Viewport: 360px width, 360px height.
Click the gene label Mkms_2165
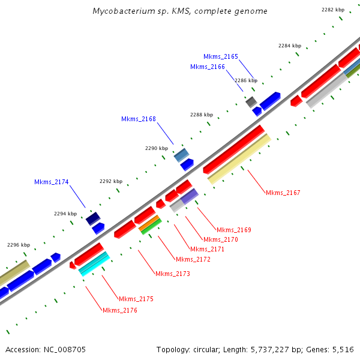pyautogui.click(x=221, y=56)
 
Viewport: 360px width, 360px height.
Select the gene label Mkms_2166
pyautogui.click(x=208, y=67)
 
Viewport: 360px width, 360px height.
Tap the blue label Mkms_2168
pyautogui.click(x=139, y=119)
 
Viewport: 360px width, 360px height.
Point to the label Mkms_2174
pyautogui.click(x=52, y=182)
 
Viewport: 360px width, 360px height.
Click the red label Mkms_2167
pyautogui.click(x=283, y=193)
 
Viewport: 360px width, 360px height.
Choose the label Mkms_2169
pyautogui.click(x=234, y=230)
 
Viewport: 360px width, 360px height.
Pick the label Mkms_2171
pyautogui.click(x=207, y=250)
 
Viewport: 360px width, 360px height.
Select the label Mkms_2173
pyautogui.click(x=173, y=274)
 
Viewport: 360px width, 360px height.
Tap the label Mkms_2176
pyautogui.click(x=120, y=311)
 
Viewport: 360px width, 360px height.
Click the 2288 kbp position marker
pyautogui.click(x=202, y=115)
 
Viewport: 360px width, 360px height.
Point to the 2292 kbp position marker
pyautogui.click(x=111, y=181)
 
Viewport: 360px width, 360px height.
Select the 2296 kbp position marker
pyautogui.click(x=19, y=245)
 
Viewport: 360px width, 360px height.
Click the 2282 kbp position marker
pyautogui.click(x=333, y=10)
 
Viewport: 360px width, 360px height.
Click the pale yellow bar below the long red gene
pyautogui.click(x=239, y=159)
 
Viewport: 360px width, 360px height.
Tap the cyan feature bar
pyautogui.click(x=94, y=264)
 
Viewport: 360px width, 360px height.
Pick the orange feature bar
pyautogui.click(x=149, y=223)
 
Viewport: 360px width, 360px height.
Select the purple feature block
pyautogui.click(x=190, y=196)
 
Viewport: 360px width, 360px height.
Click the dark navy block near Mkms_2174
pyautogui.click(x=93, y=218)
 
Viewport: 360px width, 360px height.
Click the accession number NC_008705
pyautogui.click(x=65, y=350)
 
